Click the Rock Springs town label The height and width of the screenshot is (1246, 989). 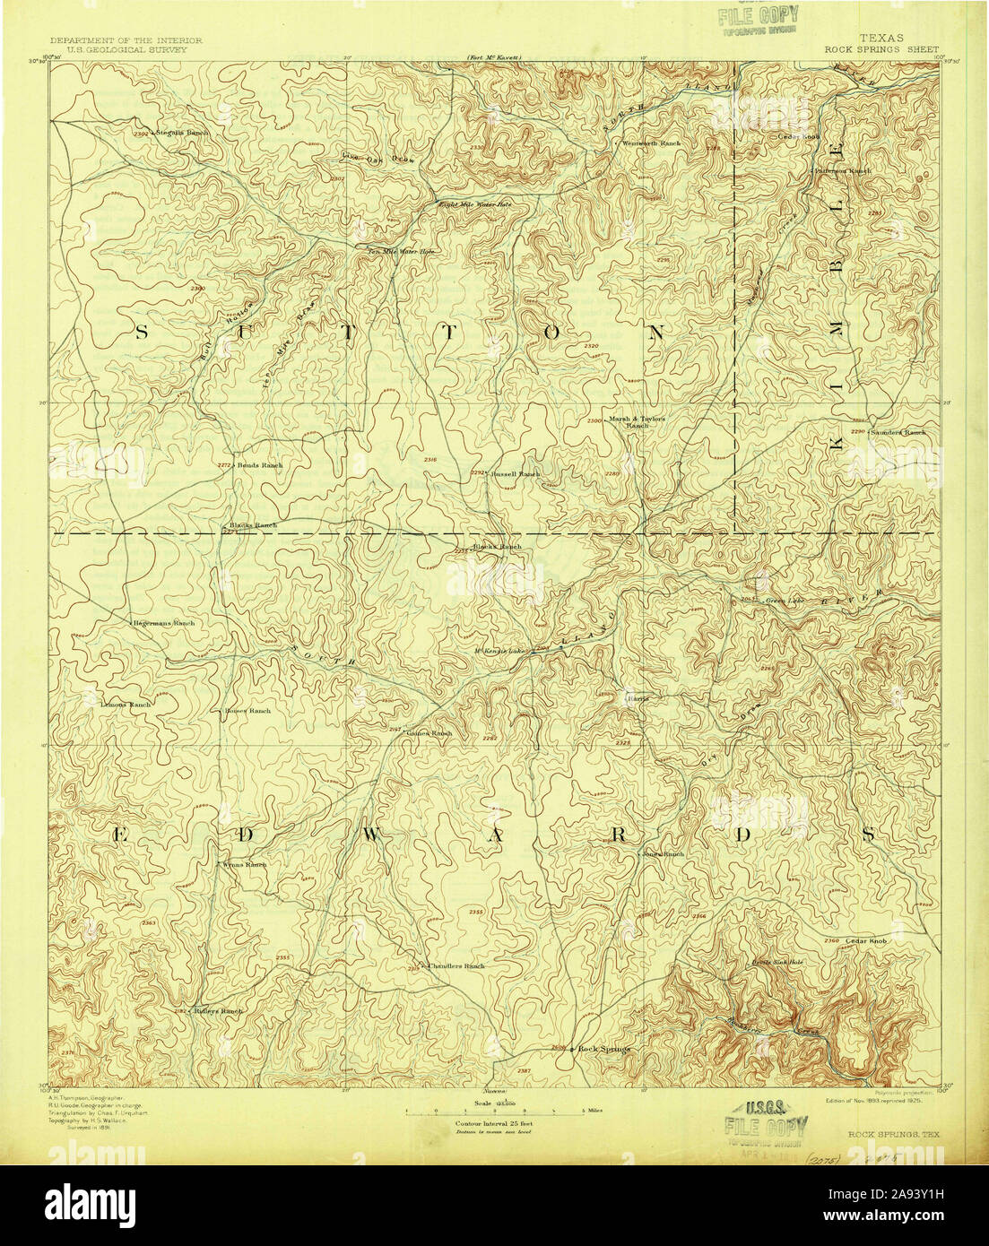[x=604, y=1048]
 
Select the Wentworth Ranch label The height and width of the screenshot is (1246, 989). [x=651, y=143]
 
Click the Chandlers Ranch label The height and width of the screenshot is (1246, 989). [x=455, y=965]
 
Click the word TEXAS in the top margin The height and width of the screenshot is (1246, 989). [x=881, y=39]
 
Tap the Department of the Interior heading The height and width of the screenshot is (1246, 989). [x=126, y=40]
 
